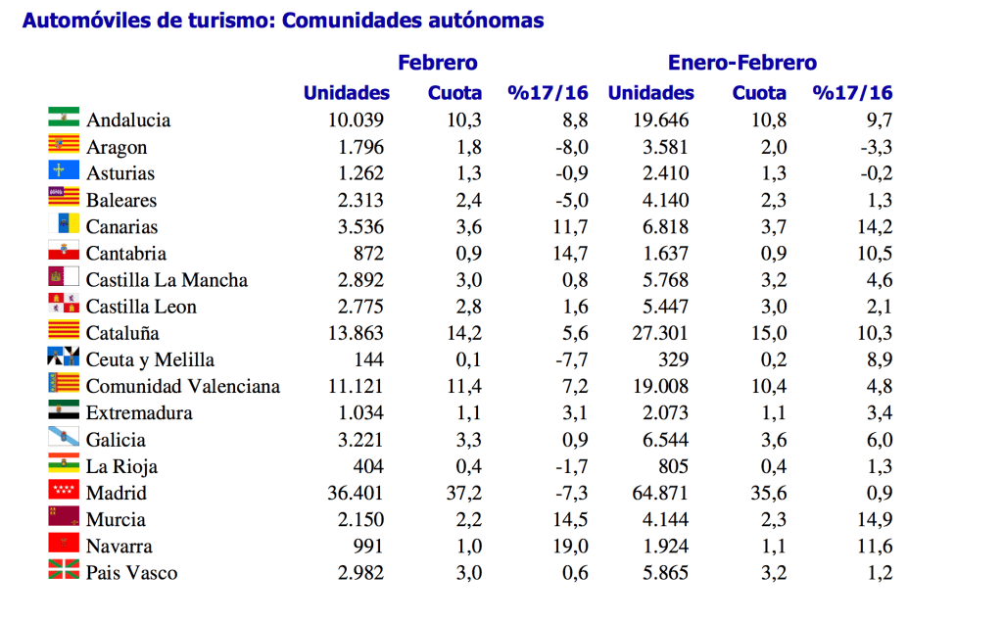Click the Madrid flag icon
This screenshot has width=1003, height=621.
[x=64, y=491]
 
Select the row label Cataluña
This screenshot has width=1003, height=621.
[x=122, y=333]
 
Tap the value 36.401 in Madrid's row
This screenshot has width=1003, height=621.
[x=357, y=493]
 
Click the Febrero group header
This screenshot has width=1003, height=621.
[x=437, y=63]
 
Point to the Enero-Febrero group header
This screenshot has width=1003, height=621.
[x=741, y=63]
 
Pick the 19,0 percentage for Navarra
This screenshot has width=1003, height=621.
[x=569, y=546]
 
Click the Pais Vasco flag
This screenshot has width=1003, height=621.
[x=64, y=570]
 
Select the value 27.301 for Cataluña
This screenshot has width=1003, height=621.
[x=661, y=333]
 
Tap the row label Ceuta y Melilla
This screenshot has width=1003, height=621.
[x=150, y=359]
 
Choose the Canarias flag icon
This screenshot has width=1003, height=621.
[x=64, y=224]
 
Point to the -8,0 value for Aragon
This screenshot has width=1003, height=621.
[x=568, y=147]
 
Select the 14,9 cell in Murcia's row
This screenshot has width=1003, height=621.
[x=873, y=519]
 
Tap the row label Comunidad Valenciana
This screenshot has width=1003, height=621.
[x=182, y=386]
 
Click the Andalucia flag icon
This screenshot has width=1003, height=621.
[x=64, y=118]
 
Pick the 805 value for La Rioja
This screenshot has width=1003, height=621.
[x=671, y=466]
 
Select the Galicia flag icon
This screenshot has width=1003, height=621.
[x=64, y=437]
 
